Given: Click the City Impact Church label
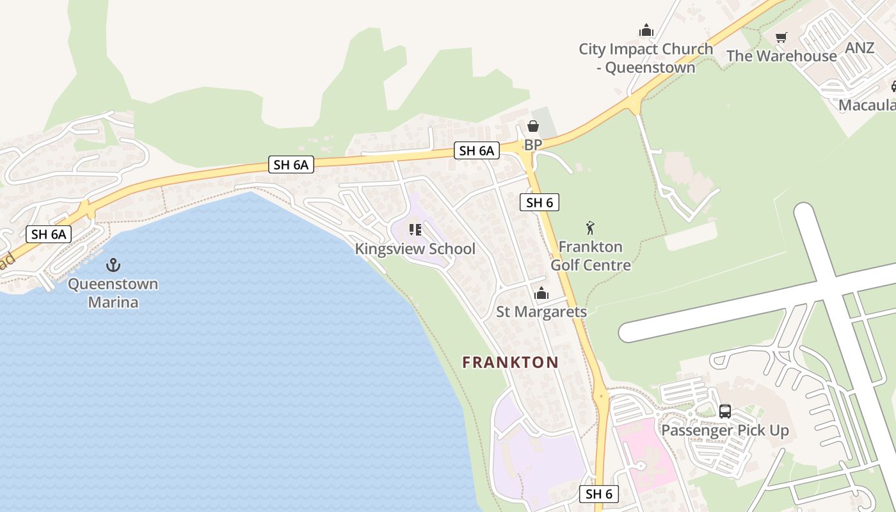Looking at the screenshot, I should click(645, 58).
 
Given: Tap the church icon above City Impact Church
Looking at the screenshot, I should click(646, 30).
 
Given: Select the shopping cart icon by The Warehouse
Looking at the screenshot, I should click(781, 38).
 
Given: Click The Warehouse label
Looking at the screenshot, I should click(781, 56).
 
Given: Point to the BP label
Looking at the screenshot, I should click(532, 145).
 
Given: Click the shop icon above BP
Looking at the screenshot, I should click(532, 127).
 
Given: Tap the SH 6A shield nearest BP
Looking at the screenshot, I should click(477, 150).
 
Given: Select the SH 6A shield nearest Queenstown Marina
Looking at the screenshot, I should click(49, 234).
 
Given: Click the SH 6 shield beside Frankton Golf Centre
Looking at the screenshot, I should click(540, 203).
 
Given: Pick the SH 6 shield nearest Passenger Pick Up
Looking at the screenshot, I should click(599, 493).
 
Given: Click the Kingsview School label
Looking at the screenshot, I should click(415, 249).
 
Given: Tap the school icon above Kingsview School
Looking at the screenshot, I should click(415, 230).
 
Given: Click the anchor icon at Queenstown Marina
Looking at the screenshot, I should click(113, 264).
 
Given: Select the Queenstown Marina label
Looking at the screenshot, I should click(113, 292).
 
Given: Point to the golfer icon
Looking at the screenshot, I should click(590, 228).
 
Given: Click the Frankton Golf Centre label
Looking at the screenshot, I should click(591, 256).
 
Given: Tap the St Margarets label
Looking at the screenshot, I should click(541, 312).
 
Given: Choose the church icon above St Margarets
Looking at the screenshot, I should click(541, 294).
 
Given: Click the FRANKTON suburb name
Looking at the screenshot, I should click(510, 362).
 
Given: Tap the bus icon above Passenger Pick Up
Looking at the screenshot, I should click(724, 412).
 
